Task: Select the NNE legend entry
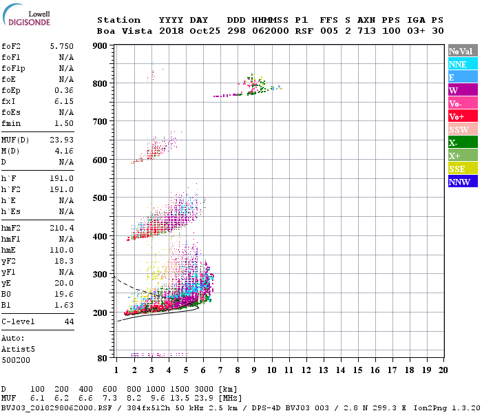point(457,64)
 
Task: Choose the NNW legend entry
point(459,182)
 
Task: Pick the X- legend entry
point(453,142)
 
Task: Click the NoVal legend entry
point(461,51)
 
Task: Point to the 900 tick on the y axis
point(101,46)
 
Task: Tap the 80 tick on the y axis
point(103,358)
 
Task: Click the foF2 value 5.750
point(61,45)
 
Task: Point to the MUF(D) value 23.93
point(61,140)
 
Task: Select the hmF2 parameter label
point(14,226)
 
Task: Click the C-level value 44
point(69,321)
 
